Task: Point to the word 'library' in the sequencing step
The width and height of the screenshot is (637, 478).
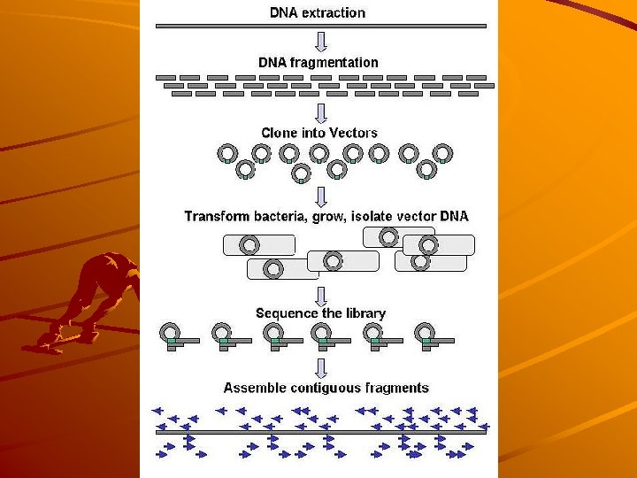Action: click(364, 313)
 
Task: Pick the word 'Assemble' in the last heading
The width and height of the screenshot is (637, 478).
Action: click(255, 388)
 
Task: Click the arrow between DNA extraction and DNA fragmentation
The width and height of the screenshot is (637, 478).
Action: click(321, 42)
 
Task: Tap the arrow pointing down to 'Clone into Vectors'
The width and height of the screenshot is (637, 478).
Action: click(321, 112)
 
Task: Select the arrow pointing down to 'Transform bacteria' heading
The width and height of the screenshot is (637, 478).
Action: click(321, 195)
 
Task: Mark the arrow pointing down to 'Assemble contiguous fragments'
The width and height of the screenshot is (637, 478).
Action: click(321, 367)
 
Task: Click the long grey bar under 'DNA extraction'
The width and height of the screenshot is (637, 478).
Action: click(321, 27)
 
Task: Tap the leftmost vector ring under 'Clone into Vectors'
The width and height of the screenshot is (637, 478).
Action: click(227, 153)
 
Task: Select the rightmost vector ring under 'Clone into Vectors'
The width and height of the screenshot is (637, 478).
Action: click(444, 153)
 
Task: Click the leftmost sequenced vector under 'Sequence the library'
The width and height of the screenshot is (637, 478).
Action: click(171, 334)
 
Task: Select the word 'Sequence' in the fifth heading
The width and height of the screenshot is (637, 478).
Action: click(285, 313)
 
